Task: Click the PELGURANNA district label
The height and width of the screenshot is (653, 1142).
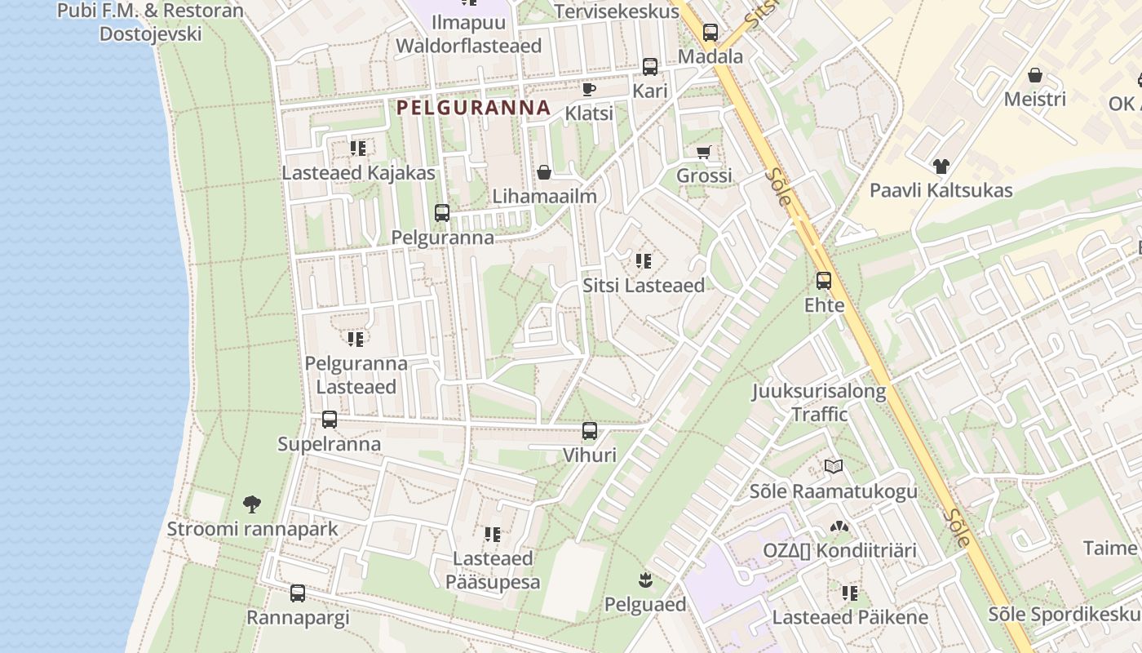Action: pyautogui.click(x=473, y=108)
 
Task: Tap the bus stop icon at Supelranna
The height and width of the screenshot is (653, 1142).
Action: pyautogui.click(x=330, y=420)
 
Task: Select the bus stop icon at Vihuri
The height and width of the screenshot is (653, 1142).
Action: pyautogui.click(x=590, y=431)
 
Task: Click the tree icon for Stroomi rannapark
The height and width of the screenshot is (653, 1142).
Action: pyautogui.click(x=252, y=504)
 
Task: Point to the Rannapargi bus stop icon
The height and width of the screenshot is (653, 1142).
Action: pyautogui.click(x=298, y=593)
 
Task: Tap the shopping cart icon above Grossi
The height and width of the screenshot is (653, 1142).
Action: pyautogui.click(x=704, y=152)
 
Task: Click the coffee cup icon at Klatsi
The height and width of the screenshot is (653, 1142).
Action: pyautogui.click(x=589, y=89)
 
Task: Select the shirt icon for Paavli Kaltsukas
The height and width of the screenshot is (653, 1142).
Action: pyautogui.click(x=941, y=167)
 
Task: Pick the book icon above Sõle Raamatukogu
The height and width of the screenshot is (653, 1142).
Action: pyautogui.click(x=833, y=467)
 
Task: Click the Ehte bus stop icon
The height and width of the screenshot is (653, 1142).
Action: pyautogui.click(x=824, y=281)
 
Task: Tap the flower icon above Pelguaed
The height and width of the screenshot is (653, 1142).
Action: pyautogui.click(x=645, y=580)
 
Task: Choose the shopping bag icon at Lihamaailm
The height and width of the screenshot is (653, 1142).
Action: pyautogui.click(x=544, y=172)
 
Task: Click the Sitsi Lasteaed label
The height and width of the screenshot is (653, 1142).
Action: pyautogui.click(x=644, y=286)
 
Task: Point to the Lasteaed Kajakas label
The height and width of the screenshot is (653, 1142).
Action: pyautogui.click(x=358, y=173)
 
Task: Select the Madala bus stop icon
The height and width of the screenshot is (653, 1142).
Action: pyautogui.click(x=710, y=33)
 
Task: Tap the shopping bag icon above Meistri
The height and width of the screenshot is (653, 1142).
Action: pyautogui.click(x=1034, y=75)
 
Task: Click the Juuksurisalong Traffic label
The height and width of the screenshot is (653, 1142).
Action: pyautogui.click(x=819, y=402)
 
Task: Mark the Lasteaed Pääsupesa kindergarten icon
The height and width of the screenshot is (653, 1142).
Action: pyautogui.click(x=492, y=535)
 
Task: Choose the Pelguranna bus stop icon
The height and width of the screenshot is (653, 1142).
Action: pyautogui.click(x=442, y=213)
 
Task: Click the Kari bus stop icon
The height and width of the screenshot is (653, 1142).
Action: pyautogui.click(x=650, y=67)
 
